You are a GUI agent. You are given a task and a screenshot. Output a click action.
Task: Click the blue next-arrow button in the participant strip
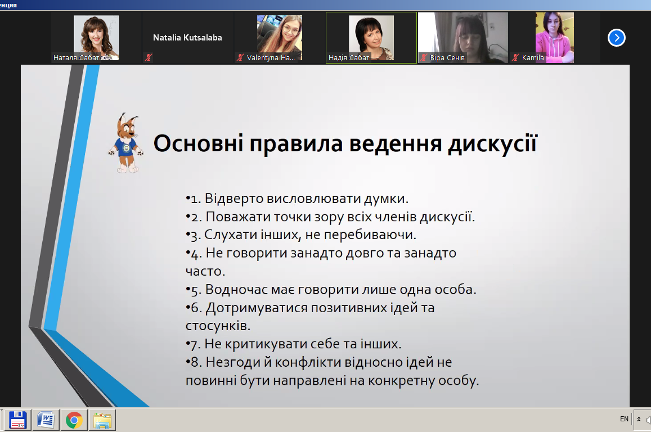click(617, 38)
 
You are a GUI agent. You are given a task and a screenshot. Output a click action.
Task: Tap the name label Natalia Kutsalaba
click(187, 38)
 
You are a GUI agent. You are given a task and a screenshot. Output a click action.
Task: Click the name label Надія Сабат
click(349, 58)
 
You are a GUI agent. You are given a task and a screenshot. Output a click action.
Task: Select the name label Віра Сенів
click(447, 58)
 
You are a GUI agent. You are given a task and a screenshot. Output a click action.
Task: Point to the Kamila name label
click(533, 58)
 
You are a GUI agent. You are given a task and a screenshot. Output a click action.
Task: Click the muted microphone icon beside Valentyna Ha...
click(240, 58)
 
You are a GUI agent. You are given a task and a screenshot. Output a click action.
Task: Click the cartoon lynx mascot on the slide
click(126, 143)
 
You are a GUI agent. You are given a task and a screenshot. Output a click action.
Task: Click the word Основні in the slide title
click(198, 143)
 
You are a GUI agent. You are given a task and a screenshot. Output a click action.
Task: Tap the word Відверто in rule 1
click(234, 199)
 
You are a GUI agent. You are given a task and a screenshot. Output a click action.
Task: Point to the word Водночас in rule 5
click(236, 289)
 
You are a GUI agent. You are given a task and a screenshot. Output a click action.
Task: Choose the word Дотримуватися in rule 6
click(256, 308)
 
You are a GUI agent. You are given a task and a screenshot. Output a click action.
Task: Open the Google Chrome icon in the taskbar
click(74, 420)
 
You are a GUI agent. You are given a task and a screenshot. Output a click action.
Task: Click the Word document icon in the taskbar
click(46, 420)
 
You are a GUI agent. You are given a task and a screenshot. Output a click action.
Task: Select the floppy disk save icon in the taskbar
click(17, 420)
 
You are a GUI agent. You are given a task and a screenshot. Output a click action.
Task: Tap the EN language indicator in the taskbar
click(624, 419)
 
